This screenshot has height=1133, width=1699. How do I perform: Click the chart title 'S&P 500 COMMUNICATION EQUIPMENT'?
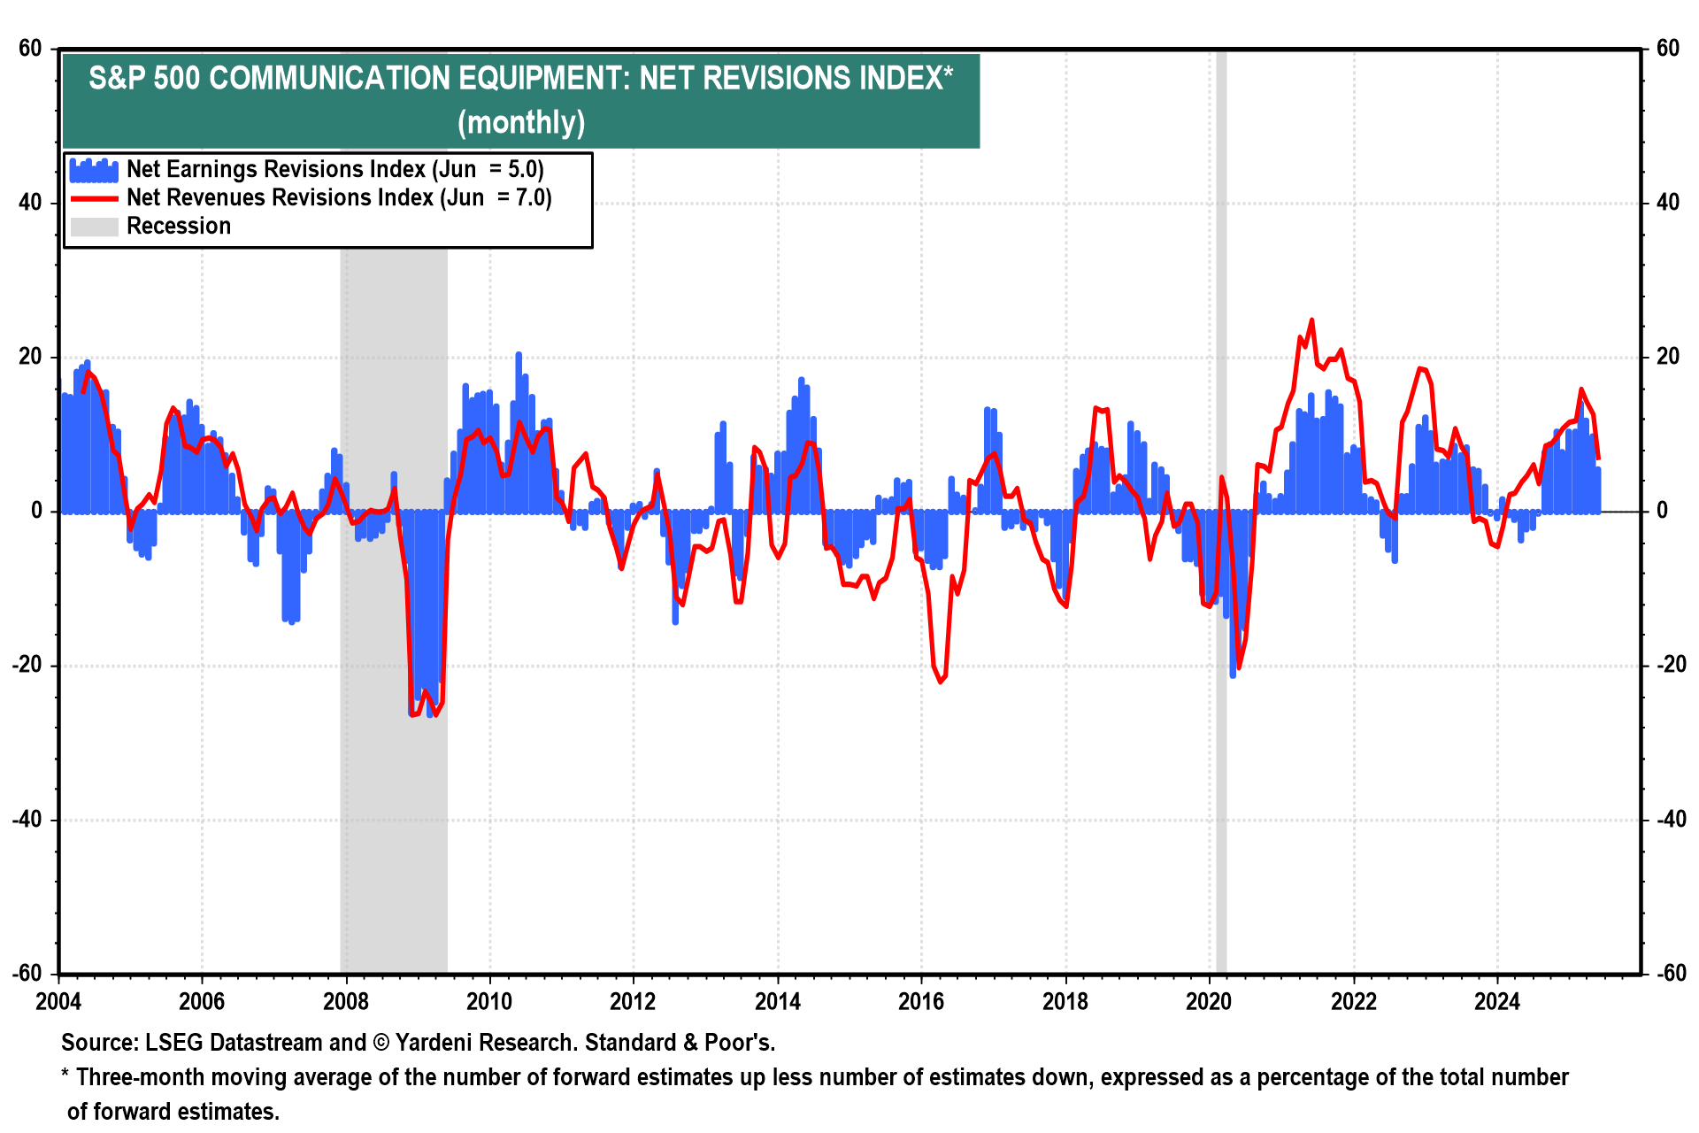click(x=520, y=79)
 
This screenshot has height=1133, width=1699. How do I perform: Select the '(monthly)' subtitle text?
click(x=521, y=122)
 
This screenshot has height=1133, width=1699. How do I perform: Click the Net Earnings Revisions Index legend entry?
click(x=334, y=169)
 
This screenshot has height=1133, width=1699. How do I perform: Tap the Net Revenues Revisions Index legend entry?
click(x=339, y=197)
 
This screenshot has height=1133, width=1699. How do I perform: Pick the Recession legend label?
click(x=179, y=226)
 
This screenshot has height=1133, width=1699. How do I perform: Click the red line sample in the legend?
click(x=94, y=198)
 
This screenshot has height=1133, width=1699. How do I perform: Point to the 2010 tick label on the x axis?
click(x=489, y=1002)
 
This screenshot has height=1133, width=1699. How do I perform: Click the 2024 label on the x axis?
click(x=1496, y=1002)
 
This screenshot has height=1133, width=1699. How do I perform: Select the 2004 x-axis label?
click(x=58, y=1002)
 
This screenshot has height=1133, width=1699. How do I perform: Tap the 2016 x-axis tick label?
click(x=921, y=1002)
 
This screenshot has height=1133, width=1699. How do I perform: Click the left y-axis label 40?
click(x=30, y=203)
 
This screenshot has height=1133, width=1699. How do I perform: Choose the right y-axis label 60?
click(x=1667, y=49)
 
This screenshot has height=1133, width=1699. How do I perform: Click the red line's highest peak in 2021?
click(x=1311, y=320)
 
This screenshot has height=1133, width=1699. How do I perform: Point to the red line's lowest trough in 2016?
click(x=940, y=682)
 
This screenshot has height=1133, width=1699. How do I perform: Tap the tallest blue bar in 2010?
click(x=519, y=354)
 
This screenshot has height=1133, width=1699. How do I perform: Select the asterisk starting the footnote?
click(x=65, y=1076)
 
